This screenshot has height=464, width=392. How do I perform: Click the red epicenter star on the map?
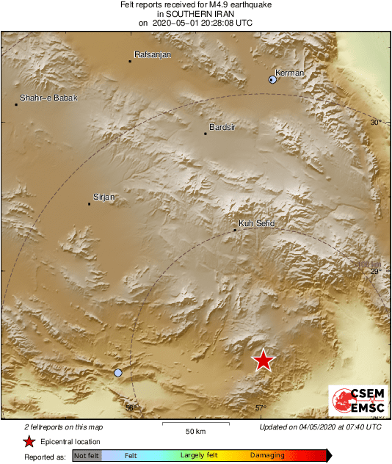(x=263, y=360)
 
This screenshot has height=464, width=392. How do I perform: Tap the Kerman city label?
(x=289, y=73)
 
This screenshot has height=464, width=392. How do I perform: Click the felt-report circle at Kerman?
(x=273, y=79)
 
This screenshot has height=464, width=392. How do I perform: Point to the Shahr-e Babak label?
(x=48, y=98)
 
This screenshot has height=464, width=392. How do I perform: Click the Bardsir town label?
(x=222, y=127)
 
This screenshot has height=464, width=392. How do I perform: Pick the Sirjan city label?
(x=106, y=197)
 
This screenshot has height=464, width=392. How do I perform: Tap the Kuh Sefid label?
(x=256, y=223)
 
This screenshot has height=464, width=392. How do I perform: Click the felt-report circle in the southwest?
(x=118, y=373)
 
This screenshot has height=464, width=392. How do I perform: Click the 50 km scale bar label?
(x=195, y=430)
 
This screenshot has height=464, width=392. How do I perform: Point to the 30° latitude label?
(x=376, y=123)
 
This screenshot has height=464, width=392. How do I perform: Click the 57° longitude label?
(x=261, y=408)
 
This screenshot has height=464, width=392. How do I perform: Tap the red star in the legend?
(x=29, y=441)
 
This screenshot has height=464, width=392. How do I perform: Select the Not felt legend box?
(x=87, y=456)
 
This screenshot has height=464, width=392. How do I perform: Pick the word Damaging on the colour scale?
(x=267, y=456)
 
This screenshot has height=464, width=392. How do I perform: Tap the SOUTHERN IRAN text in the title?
(x=195, y=14)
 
